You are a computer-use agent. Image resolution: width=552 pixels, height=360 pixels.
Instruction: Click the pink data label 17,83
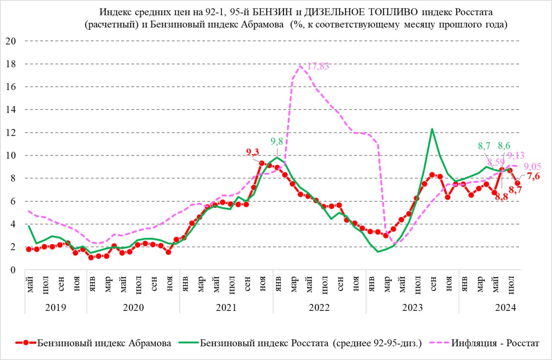[x=319, y=66]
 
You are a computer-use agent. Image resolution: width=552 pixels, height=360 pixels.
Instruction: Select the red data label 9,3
[x=253, y=151]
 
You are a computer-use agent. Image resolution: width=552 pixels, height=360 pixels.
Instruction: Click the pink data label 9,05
[x=532, y=166]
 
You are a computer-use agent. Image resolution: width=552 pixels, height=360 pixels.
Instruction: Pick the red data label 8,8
[x=502, y=196]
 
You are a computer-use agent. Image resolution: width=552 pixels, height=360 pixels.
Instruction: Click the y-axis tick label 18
[x=10, y=64]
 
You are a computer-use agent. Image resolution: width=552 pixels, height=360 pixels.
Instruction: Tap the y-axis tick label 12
[x=10, y=132]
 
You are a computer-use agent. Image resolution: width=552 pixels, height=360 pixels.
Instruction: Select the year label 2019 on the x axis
[x=56, y=307]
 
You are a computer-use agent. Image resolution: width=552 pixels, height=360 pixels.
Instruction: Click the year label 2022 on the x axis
[x=319, y=307]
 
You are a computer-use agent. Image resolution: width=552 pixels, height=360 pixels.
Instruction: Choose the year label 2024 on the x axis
[x=506, y=307]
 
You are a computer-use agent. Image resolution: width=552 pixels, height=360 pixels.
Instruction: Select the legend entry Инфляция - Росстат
[x=496, y=343]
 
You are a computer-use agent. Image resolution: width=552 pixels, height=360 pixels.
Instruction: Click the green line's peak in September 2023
[x=432, y=128]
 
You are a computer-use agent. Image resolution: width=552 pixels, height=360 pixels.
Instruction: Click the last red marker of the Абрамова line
[x=517, y=183]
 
